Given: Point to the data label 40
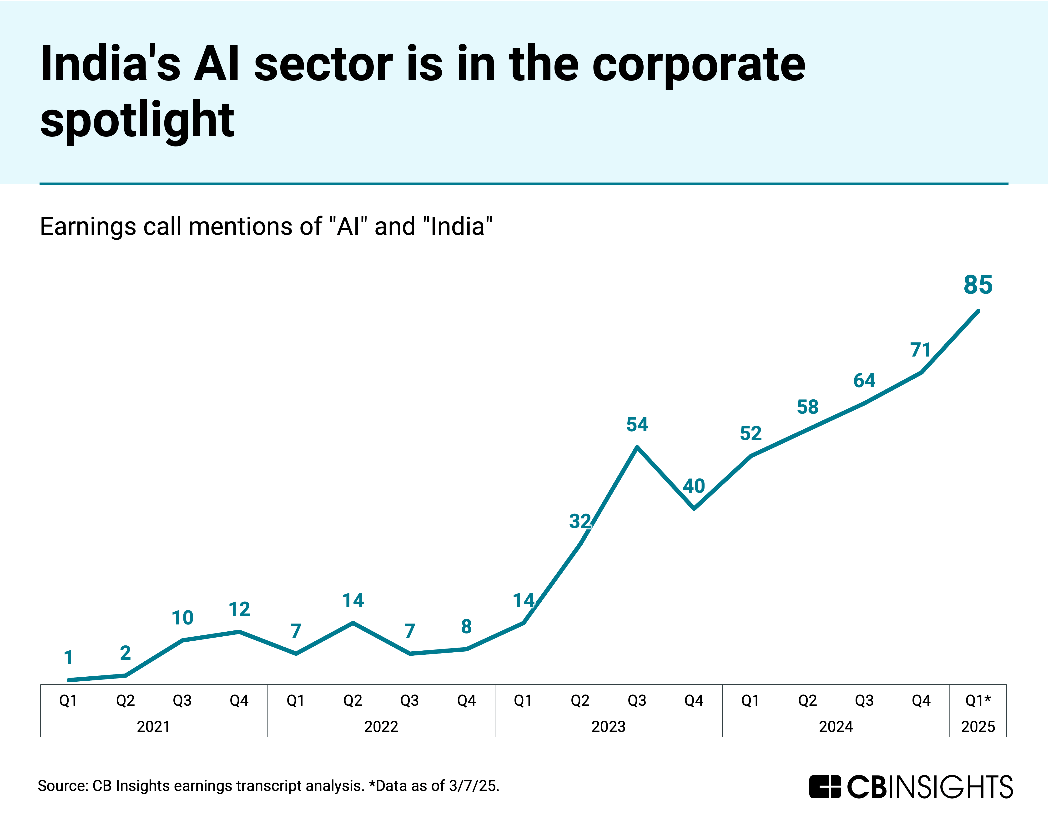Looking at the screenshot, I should [694, 486].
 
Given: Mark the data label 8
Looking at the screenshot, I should [466, 627].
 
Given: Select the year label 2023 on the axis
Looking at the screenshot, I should [608, 727].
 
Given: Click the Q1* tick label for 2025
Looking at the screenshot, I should [977, 700].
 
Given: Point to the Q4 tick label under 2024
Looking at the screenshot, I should [921, 700].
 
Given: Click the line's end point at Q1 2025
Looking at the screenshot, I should [977, 311].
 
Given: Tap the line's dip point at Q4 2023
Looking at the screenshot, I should [694, 508].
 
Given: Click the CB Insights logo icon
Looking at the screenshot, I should [825, 787].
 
